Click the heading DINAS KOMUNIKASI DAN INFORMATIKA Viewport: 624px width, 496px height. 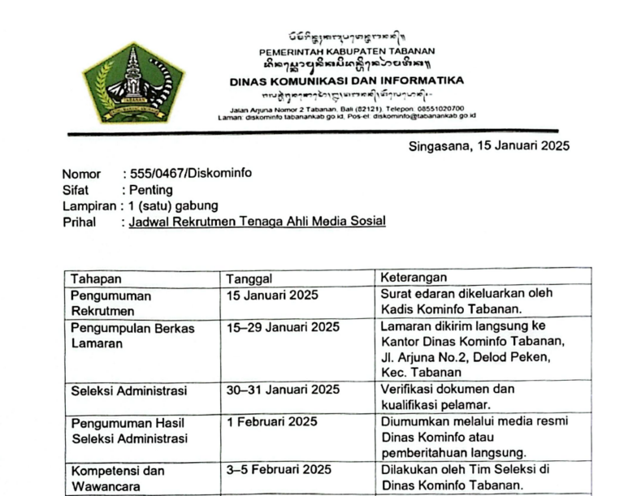(x=347, y=80)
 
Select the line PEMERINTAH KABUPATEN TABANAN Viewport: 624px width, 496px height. (x=347, y=51)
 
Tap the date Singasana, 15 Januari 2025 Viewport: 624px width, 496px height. (x=488, y=146)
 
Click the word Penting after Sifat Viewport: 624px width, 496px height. (x=151, y=190)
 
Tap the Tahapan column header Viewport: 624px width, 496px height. (x=95, y=278)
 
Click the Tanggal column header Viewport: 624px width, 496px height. (x=249, y=278)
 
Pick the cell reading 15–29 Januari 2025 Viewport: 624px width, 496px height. (x=283, y=327)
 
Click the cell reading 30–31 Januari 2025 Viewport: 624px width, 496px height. (x=283, y=390)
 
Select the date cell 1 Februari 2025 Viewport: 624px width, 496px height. (x=272, y=422)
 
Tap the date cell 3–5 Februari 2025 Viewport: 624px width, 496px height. (x=279, y=470)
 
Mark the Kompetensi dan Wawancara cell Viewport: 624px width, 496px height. (x=118, y=478)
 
